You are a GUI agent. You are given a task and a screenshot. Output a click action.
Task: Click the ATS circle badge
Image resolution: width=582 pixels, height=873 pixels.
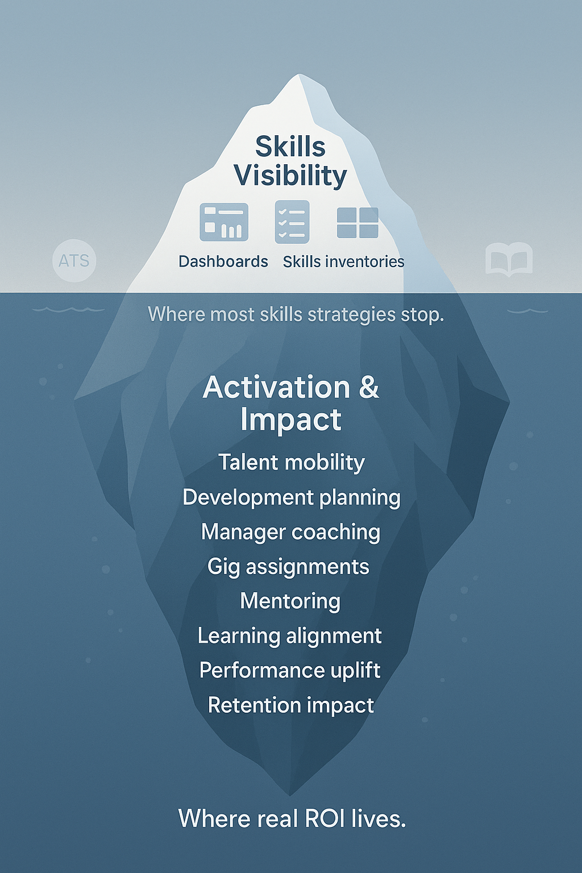tap(74, 260)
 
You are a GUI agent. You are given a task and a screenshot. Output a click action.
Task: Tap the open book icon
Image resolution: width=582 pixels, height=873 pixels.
tap(509, 260)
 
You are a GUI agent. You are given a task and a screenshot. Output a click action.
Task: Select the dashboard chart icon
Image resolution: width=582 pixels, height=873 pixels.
tap(224, 222)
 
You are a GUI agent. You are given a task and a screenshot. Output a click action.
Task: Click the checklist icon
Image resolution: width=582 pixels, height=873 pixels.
tap(292, 222)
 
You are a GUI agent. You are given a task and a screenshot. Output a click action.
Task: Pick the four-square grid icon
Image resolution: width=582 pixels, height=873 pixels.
tap(357, 223)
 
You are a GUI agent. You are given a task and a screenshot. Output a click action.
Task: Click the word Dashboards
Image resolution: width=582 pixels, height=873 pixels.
tap(223, 261)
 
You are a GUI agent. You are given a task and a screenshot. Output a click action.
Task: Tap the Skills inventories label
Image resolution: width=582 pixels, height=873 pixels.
tap(343, 261)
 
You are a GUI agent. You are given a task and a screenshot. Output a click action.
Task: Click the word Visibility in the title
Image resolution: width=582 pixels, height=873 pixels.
tap(290, 176)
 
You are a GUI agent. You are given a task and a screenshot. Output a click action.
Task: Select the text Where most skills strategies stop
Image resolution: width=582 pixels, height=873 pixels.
tap(296, 314)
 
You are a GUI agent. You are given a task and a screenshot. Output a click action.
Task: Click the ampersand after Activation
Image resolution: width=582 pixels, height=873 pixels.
tap(368, 388)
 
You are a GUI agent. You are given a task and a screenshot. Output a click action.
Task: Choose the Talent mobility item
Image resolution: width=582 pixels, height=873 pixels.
tap(291, 463)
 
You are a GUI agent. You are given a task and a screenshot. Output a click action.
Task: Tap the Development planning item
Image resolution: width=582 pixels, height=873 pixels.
tap(292, 498)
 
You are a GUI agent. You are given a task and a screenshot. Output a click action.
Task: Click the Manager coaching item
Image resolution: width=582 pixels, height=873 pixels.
tap(290, 533)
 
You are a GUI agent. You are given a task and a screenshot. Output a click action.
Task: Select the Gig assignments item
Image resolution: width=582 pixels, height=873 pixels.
tap(288, 567)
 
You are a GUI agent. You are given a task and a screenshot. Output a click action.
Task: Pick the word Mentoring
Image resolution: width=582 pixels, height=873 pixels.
tap(290, 601)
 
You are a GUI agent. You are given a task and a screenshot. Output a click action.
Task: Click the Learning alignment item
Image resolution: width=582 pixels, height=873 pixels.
tap(290, 636)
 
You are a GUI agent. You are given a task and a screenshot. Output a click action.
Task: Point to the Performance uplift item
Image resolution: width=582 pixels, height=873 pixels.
tap(290, 671)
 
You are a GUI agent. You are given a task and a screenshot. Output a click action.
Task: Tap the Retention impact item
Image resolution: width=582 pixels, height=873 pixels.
tap(291, 705)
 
